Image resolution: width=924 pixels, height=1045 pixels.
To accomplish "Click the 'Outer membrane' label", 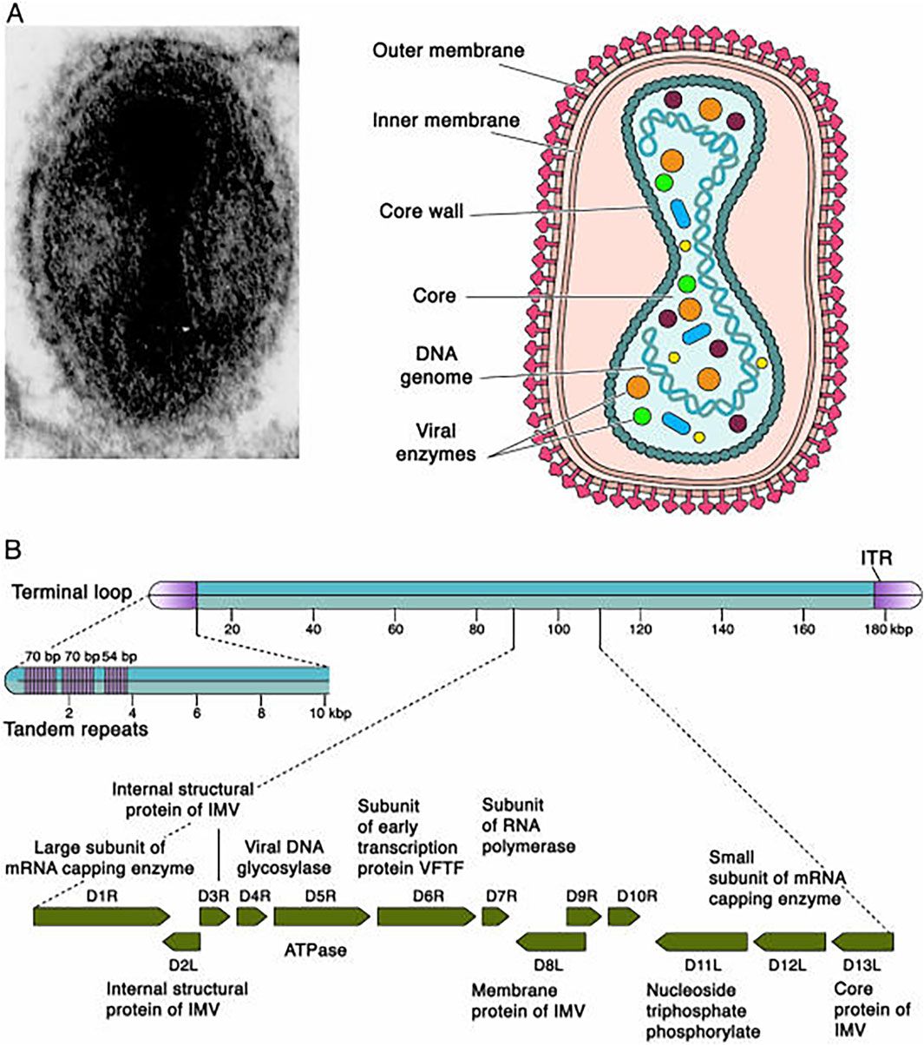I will pyautogui.click(x=448, y=49).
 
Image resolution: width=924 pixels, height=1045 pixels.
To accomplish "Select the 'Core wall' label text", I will pyautogui.click(x=421, y=211).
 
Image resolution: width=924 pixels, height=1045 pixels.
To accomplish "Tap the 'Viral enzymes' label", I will pyautogui.click(x=446, y=442).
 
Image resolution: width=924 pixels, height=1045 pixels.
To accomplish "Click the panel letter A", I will pyautogui.click(x=15, y=12).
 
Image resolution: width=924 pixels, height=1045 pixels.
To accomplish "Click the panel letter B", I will pyautogui.click(x=13, y=549).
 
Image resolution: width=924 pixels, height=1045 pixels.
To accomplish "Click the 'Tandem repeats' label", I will pyautogui.click(x=75, y=729).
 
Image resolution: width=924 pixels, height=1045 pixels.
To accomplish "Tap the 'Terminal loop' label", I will pyautogui.click(x=72, y=593).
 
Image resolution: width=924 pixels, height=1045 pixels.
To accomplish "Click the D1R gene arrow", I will pyautogui.click(x=101, y=916).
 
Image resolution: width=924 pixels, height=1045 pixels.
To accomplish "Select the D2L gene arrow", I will pyautogui.click(x=182, y=942).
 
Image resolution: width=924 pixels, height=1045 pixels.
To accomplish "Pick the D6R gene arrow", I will pyautogui.click(x=425, y=916).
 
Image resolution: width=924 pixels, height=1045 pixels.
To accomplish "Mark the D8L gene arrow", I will pyautogui.click(x=551, y=942).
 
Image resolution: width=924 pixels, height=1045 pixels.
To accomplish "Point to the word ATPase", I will pyautogui.click(x=315, y=950).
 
